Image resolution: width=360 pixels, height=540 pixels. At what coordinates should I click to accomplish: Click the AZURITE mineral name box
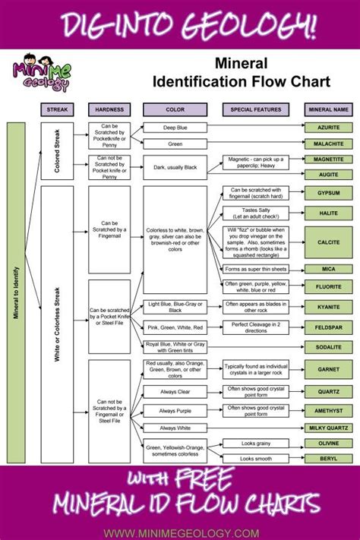327,128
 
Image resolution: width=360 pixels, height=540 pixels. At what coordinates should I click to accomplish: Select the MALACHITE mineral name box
327,143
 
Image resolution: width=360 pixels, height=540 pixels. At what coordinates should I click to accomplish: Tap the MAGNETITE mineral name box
327,160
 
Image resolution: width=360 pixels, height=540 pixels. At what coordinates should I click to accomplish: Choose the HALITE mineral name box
327,213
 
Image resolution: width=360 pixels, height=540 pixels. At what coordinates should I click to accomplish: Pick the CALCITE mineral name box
327,242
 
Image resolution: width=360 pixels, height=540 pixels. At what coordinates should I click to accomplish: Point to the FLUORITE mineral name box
327,288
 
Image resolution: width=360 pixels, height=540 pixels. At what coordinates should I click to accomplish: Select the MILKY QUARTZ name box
327,427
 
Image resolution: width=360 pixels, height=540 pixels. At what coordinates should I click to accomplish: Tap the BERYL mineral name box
327,459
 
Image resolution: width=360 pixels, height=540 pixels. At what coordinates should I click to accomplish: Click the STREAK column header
57,109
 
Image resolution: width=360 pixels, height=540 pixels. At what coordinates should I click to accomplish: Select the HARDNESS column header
109,109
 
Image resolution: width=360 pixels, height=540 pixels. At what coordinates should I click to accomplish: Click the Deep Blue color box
175,128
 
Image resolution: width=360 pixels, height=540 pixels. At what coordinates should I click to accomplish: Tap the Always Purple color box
175,409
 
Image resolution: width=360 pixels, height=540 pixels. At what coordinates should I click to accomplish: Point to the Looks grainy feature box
256,443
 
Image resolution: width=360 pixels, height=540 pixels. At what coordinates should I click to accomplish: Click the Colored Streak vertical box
57,150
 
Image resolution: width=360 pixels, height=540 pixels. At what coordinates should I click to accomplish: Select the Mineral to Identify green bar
15,292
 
